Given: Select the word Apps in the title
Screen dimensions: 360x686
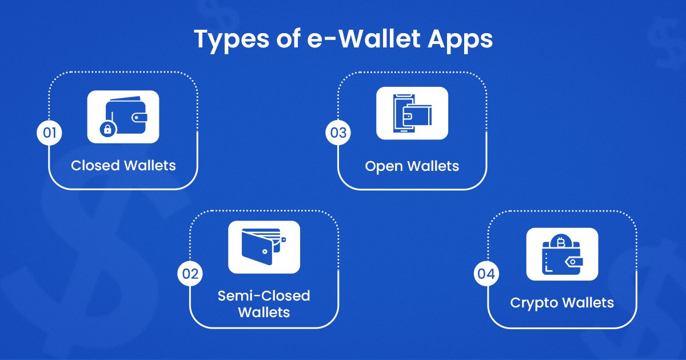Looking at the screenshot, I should point(463,40).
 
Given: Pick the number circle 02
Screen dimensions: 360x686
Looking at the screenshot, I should point(190,274).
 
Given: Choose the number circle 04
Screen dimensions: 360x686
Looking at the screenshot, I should point(486,274).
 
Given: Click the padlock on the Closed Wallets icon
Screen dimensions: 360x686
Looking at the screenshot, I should point(106,130).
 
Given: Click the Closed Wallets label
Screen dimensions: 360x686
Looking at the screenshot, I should point(123,166).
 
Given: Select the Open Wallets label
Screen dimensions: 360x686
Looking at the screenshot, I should point(412,166).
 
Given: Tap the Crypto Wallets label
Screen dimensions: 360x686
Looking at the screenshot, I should point(561,302).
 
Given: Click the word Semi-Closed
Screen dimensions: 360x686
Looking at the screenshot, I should point(264,296).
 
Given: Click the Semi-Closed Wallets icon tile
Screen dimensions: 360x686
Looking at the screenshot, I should point(264,247).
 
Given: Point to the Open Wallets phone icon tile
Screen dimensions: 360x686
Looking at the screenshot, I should point(412,113).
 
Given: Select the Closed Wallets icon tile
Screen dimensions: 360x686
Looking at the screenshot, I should point(123,117).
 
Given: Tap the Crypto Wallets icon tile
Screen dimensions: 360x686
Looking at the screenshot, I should point(561,254).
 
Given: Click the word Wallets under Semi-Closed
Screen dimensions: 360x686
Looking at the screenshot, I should point(264,313).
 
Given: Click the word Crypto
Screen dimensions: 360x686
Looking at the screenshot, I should point(533,302).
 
